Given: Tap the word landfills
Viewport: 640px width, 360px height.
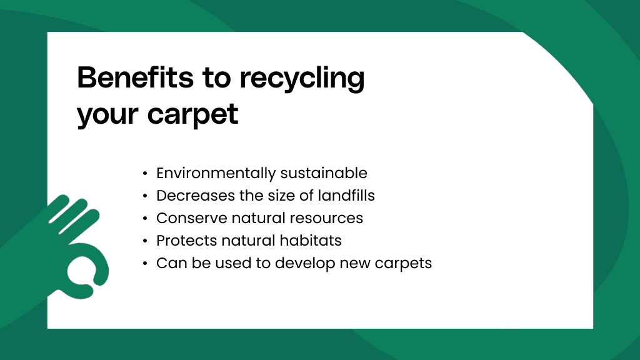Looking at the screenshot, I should coord(344,196).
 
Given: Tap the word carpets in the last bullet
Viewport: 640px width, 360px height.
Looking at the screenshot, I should coord(403,264).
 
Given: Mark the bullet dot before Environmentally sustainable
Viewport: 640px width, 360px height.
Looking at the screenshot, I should coord(145,174).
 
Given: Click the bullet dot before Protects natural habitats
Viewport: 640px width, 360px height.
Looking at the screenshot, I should coord(145,241).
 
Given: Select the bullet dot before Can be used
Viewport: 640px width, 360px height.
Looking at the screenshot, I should coord(145,264).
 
